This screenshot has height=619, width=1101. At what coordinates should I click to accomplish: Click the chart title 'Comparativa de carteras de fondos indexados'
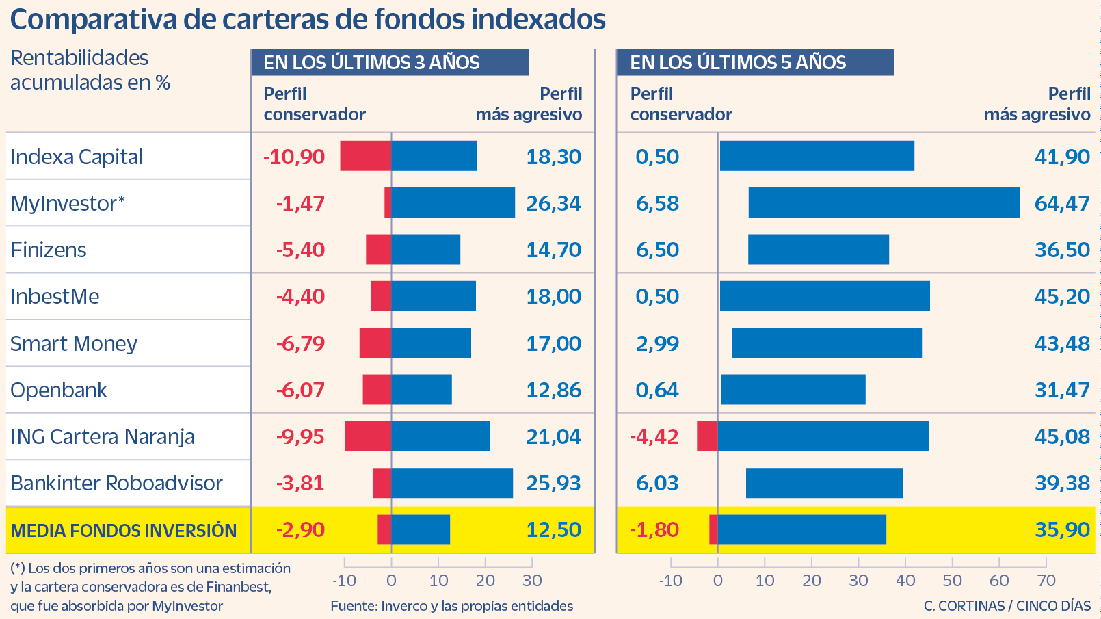click(x=308, y=19)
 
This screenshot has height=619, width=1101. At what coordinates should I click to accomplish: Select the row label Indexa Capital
click(x=77, y=157)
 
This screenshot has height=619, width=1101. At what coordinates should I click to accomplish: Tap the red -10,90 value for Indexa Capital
click(x=294, y=157)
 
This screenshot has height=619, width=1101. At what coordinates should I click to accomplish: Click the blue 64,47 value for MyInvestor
click(x=1062, y=203)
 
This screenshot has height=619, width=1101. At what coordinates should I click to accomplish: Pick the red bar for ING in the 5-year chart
click(x=707, y=436)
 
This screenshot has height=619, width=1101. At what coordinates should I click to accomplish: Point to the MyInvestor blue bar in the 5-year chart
click(x=884, y=203)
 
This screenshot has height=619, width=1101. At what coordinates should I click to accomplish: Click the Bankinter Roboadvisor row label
click(x=116, y=483)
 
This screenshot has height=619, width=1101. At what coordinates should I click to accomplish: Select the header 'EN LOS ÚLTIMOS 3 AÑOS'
click(x=372, y=62)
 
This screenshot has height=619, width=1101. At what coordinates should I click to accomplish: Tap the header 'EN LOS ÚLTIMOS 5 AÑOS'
click(x=738, y=62)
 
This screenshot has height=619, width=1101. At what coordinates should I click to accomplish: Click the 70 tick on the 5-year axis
click(x=1046, y=580)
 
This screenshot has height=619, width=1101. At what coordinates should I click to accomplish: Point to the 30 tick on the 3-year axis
click(x=532, y=580)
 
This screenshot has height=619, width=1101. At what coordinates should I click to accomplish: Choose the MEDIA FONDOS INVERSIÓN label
click(x=124, y=530)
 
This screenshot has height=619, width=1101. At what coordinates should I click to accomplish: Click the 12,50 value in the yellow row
click(x=553, y=529)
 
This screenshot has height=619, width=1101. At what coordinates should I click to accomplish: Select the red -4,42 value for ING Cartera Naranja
click(x=654, y=436)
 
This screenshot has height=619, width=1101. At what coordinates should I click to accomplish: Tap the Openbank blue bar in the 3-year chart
click(x=421, y=390)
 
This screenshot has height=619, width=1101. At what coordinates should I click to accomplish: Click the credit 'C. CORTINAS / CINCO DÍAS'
click(x=1007, y=605)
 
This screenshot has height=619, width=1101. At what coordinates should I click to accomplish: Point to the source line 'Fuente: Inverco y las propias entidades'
click(x=451, y=605)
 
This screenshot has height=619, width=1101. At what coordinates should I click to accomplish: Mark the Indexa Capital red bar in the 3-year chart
click(x=365, y=156)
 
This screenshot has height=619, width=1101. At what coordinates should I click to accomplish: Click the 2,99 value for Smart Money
click(x=657, y=343)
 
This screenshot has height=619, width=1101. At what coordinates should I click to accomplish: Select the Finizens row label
click(x=49, y=250)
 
